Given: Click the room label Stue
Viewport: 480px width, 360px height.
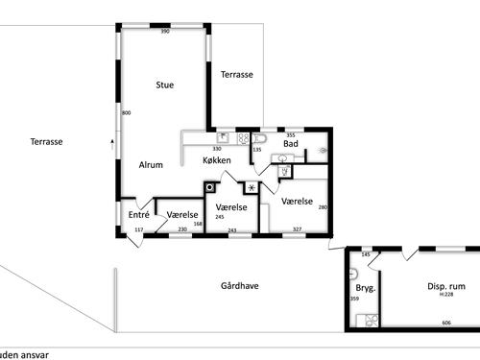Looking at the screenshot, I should point(164,85).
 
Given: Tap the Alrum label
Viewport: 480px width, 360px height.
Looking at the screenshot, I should point(150,165).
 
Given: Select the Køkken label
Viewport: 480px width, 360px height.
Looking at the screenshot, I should point(216,160).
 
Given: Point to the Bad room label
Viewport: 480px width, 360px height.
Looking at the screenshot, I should point(290,144).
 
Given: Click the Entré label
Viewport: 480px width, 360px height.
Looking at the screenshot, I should point(138,215).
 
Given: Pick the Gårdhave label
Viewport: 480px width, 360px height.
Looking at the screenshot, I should point(239,286).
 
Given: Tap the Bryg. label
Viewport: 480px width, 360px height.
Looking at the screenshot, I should point(365,287).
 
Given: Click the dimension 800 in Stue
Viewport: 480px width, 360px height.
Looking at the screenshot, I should point(126,113).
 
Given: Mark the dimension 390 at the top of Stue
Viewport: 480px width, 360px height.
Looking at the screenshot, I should point(164,33).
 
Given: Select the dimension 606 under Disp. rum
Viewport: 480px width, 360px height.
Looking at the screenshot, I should point(445,324).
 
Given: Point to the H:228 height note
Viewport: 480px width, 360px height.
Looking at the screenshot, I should point(445,295).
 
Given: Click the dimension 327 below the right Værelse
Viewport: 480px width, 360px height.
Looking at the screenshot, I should point(297,229).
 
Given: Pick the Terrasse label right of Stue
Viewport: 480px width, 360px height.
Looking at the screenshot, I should point(236,75).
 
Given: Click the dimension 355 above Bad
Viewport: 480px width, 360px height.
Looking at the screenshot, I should point(290,135).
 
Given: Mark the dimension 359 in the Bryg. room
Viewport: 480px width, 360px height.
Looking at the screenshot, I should point(353,299).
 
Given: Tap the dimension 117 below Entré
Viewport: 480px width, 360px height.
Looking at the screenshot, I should point(138,230).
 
